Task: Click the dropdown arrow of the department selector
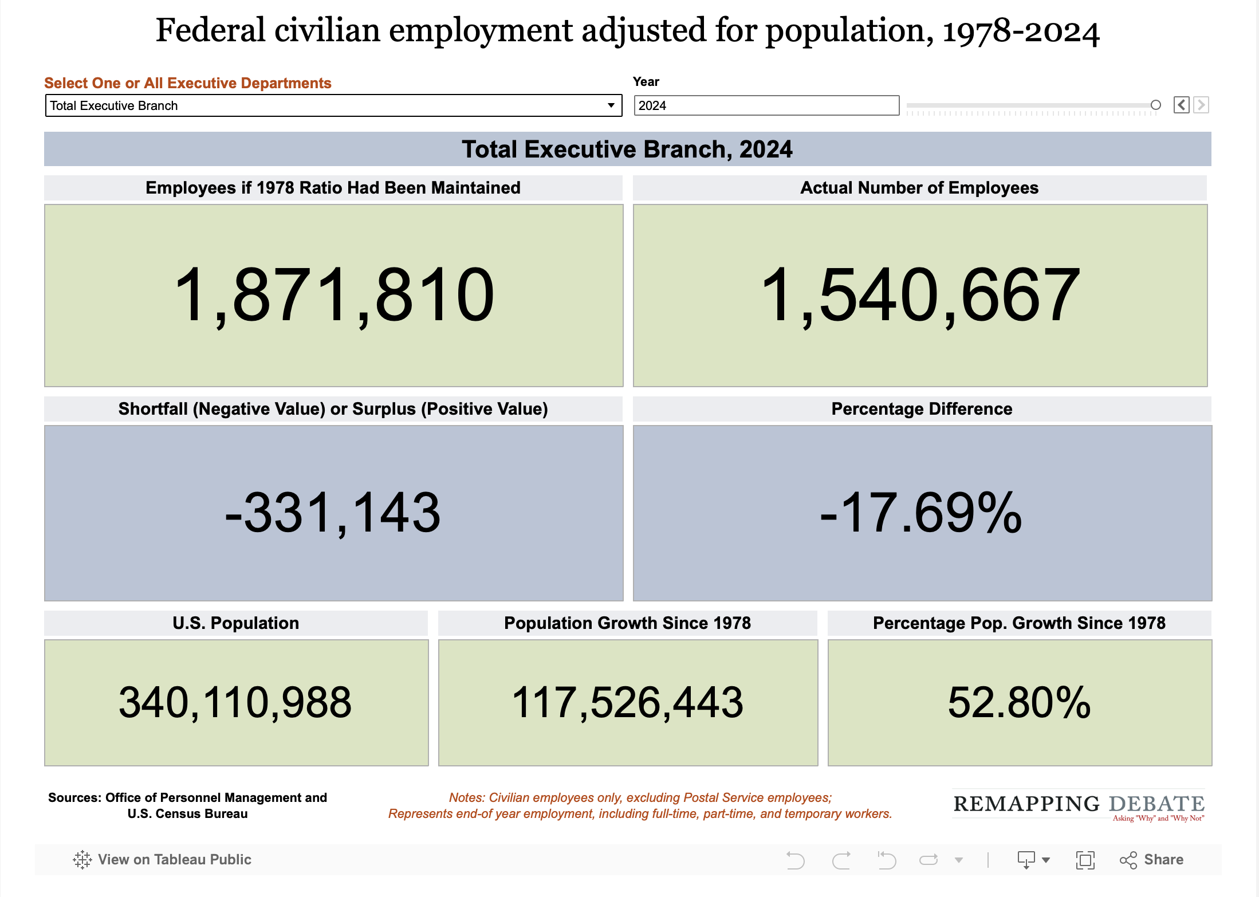coord(611,105)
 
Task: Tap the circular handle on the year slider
coord(1155,105)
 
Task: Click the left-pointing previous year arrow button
coord(1181,105)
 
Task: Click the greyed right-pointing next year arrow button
coord(1201,105)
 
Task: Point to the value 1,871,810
coord(334,295)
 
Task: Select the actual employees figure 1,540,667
coord(920,295)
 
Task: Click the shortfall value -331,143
coord(333,513)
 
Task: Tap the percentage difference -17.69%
coord(921,513)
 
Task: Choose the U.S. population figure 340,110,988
coord(235,702)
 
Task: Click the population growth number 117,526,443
coord(627,702)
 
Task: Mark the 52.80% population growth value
coord(1019,702)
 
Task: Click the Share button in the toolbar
coord(1152,859)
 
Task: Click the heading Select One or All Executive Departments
coord(188,83)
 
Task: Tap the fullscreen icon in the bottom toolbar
coord(1085,860)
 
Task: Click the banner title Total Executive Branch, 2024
coord(627,149)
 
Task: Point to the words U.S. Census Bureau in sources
coord(188,814)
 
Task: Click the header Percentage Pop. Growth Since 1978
coord(1019,623)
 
